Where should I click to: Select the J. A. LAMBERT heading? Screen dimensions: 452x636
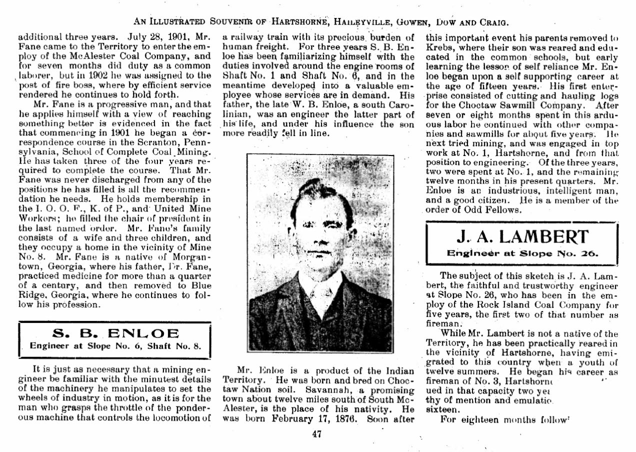pyautogui.click(x=522, y=236)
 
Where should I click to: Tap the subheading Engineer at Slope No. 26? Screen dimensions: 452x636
pyautogui.click(x=522, y=253)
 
